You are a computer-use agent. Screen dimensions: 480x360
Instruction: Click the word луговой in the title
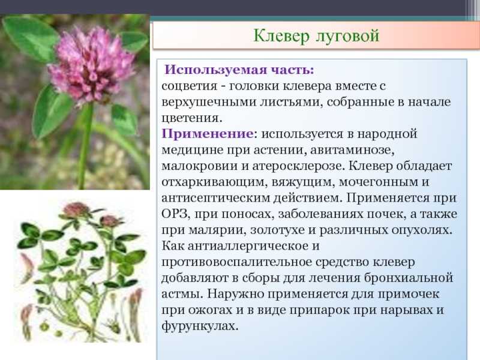[x=347, y=36]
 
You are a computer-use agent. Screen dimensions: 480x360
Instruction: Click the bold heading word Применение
[x=208, y=134]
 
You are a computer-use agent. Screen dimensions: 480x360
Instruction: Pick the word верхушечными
[x=209, y=102]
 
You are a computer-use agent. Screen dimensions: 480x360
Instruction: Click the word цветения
[x=190, y=118]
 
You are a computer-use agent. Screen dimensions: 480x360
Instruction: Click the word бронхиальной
[x=409, y=278]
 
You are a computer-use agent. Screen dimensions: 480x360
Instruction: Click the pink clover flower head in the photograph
[x=91, y=65]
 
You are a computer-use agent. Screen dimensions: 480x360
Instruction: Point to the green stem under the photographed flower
[x=85, y=146]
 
